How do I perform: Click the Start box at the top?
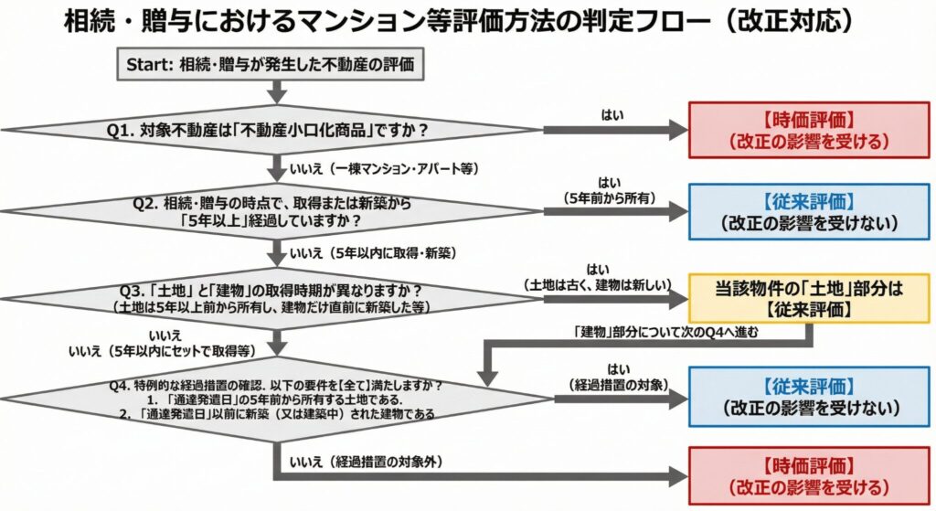271,65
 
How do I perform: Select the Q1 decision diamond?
274,131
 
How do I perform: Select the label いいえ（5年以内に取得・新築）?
373,252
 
